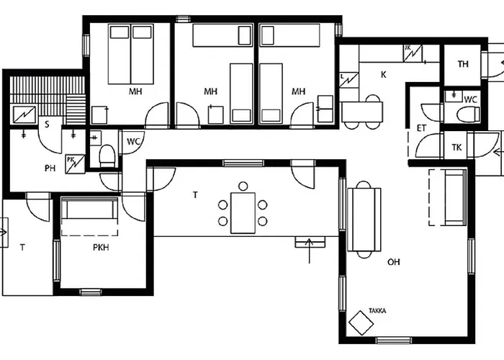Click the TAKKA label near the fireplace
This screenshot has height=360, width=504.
pos(377,311)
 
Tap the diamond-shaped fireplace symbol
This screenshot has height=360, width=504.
pos(361,323)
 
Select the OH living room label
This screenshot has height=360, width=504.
pos(394,262)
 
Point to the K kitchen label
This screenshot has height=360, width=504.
pos(384,75)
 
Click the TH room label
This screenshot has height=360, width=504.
pos(463,64)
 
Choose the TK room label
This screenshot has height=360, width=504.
pos(456,148)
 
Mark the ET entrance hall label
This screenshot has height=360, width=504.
pos(421,128)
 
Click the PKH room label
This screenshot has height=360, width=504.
pos(101,247)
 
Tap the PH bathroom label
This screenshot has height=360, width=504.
pos(50,168)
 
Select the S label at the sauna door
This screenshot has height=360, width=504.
pos(47,125)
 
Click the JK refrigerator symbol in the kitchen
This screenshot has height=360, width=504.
pos(413,53)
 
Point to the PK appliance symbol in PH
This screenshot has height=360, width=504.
pos(75,164)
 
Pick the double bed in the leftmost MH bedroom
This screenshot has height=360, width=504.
pos(131,54)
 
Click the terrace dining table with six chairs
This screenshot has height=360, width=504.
pos(243,212)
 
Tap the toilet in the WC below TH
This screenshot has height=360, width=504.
pos(468,114)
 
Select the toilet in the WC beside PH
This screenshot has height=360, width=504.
pos(107,156)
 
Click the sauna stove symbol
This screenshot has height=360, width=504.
pos(24,114)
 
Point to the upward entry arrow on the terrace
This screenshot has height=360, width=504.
pos(309,251)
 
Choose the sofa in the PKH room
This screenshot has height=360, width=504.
pos(89,210)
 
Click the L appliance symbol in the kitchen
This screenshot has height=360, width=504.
pos(349,80)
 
